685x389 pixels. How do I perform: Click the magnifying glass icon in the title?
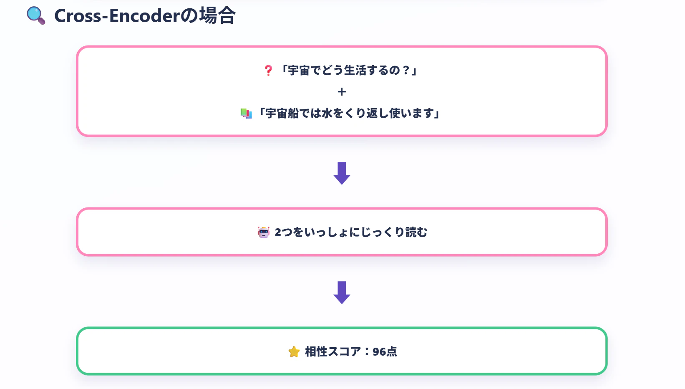(36, 15)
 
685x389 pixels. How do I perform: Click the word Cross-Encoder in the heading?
(117, 16)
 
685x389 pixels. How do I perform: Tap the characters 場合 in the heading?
(217, 15)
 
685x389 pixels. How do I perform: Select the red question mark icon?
(268, 71)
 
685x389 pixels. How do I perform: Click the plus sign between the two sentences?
(342, 92)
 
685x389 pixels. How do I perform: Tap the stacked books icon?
(246, 114)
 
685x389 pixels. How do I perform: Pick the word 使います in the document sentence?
(412, 113)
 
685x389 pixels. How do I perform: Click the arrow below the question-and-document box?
(342, 173)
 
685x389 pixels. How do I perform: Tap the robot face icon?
(264, 232)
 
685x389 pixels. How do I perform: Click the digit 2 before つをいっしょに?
(278, 232)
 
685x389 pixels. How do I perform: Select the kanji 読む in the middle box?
(416, 232)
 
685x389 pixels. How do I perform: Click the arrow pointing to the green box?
(342, 293)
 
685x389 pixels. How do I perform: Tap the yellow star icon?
(294, 352)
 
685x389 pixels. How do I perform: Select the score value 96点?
(385, 352)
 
